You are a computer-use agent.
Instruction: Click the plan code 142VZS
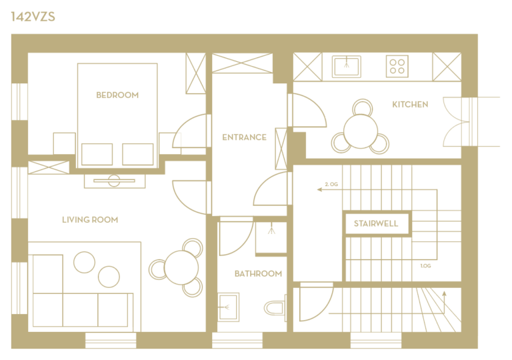coord(33,17)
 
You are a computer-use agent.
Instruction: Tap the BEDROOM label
coord(117,95)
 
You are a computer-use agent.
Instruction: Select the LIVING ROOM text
coord(90,220)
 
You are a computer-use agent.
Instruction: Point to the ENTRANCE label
coord(244,137)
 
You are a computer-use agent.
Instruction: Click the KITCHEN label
coord(410,105)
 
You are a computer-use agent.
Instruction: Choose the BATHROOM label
coord(258,274)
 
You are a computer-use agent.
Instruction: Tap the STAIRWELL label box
coord(376,223)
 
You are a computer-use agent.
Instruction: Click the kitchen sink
coord(347,67)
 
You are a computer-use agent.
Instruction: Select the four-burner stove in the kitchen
coord(397,66)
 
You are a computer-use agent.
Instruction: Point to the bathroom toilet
coord(275,308)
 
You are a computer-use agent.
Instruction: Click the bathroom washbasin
coord(228,307)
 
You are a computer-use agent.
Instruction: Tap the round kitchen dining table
coord(361,131)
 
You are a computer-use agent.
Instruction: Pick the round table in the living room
coord(181,267)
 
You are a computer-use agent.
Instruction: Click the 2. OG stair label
coord(331,184)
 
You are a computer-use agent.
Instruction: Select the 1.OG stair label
coord(425,266)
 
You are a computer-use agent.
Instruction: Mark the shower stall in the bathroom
coord(271,237)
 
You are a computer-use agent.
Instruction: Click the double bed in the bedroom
coord(117,115)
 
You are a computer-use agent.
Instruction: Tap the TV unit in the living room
coord(114,181)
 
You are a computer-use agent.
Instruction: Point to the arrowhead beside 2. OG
coord(320,189)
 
